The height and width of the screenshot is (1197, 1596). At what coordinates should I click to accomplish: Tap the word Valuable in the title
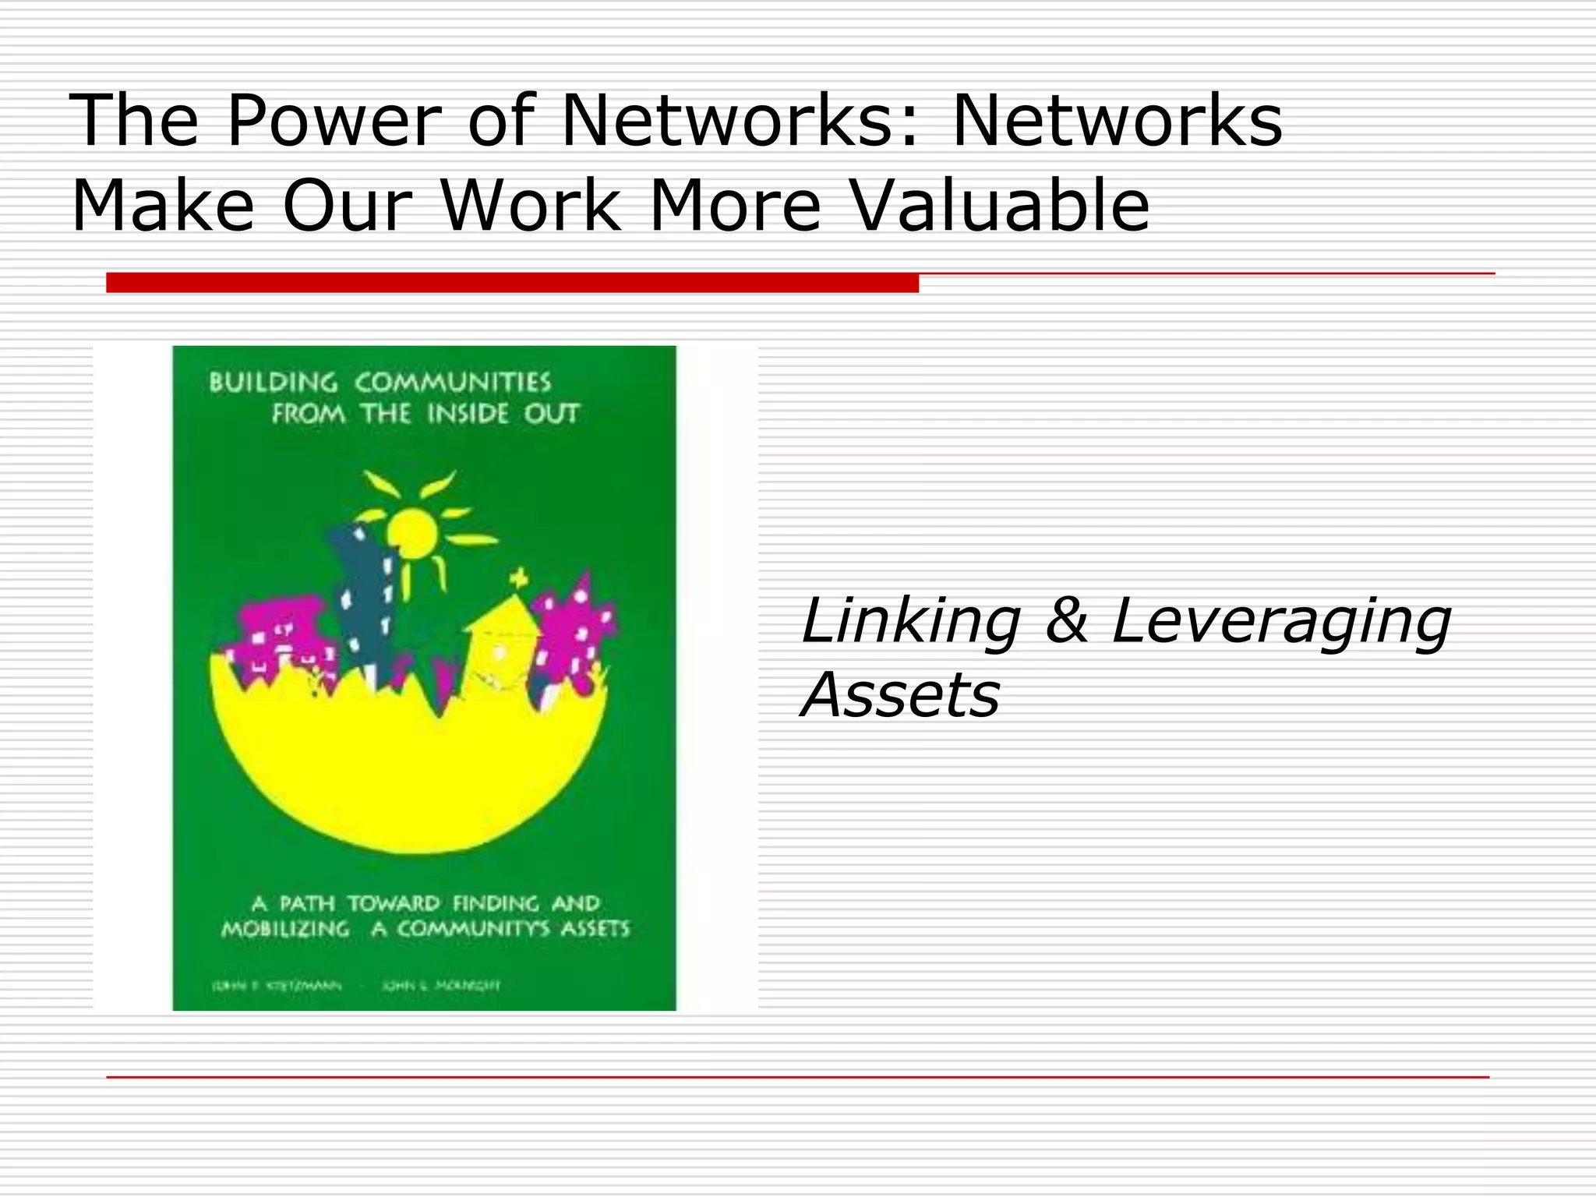(1000, 206)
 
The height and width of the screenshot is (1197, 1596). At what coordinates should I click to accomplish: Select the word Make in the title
(163, 206)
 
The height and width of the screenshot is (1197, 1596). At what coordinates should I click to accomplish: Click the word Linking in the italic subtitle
(910, 621)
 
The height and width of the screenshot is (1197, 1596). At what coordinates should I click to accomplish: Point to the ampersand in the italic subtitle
(1066, 621)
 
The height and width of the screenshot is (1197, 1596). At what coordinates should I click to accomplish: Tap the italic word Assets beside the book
(901, 694)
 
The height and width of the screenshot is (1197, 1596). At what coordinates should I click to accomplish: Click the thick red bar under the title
(512, 283)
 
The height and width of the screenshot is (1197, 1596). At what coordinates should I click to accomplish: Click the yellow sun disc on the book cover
(411, 532)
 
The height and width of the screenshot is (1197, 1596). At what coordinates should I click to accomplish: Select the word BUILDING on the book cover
(273, 383)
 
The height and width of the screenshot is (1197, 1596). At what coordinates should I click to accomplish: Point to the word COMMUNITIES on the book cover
(453, 383)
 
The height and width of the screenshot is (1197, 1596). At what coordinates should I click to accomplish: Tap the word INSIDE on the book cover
(468, 414)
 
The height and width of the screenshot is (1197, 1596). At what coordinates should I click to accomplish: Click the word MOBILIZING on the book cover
(285, 929)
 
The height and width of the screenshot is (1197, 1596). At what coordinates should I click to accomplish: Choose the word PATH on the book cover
(307, 903)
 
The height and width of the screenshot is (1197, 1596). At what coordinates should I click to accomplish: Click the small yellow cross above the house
(519, 579)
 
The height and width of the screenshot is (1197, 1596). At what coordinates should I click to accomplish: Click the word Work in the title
(530, 206)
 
